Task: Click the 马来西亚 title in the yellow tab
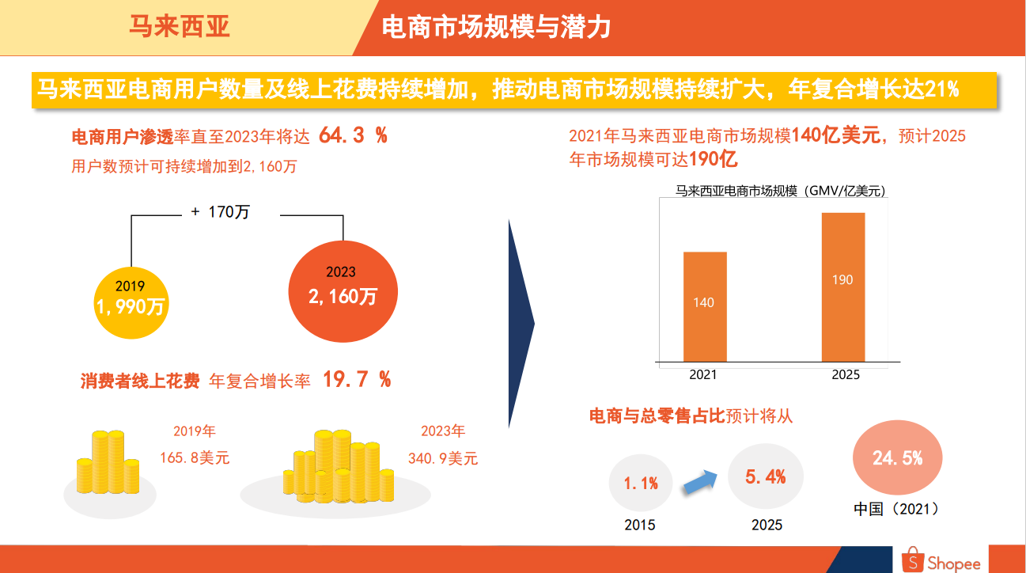pos(180,28)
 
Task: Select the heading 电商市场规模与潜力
pos(495,28)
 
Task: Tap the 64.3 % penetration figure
pos(353,135)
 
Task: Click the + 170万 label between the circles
pos(220,212)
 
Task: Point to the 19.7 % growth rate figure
pos(357,380)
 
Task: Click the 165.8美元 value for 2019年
pos(195,457)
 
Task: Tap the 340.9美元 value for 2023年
pos(443,458)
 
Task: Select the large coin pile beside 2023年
pos(339,467)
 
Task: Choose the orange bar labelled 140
pos(704,306)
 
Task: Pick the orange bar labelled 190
pos(842,286)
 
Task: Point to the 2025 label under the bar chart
pos(845,375)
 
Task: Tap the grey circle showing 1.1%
pos(640,483)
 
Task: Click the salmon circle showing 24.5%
pos(897,458)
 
